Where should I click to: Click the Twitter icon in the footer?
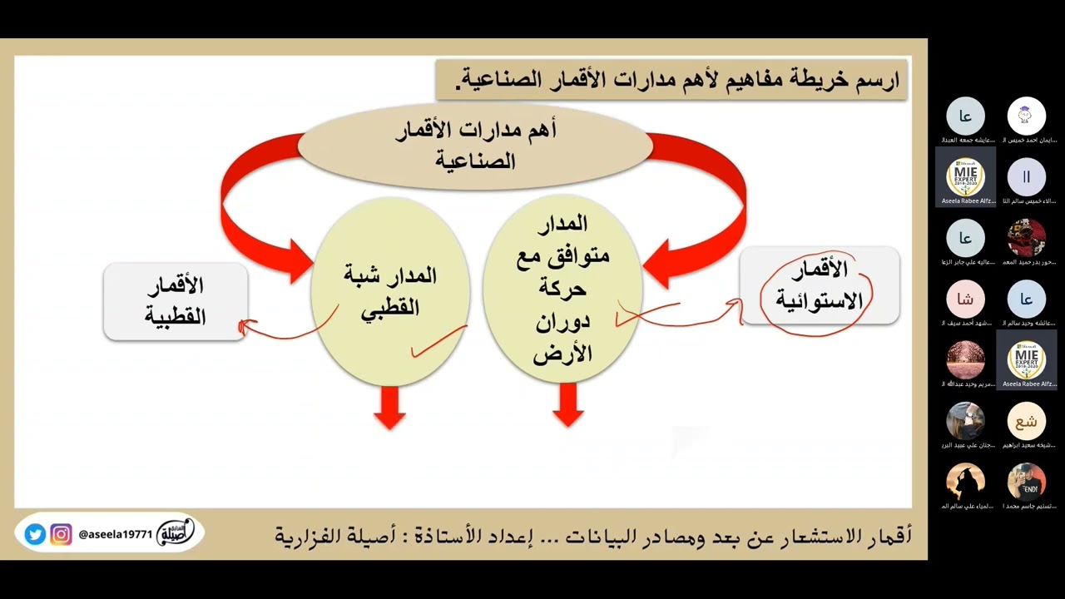click(35, 534)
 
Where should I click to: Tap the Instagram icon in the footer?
click(61, 534)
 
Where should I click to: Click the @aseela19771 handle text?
click(116, 535)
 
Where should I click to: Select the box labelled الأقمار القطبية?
click(176, 301)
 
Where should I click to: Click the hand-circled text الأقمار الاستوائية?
click(819, 285)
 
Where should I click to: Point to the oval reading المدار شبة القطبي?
click(390, 291)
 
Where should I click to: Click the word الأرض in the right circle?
click(562, 353)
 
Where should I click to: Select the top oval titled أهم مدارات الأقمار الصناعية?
click(475, 145)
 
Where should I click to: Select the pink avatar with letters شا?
click(965, 299)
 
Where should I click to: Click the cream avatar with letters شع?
click(1026, 421)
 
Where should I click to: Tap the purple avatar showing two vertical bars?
click(1026, 177)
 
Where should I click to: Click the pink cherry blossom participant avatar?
click(965, 360)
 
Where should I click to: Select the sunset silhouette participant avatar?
click(965, 482)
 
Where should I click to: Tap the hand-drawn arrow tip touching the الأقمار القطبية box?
click(243, 327)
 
